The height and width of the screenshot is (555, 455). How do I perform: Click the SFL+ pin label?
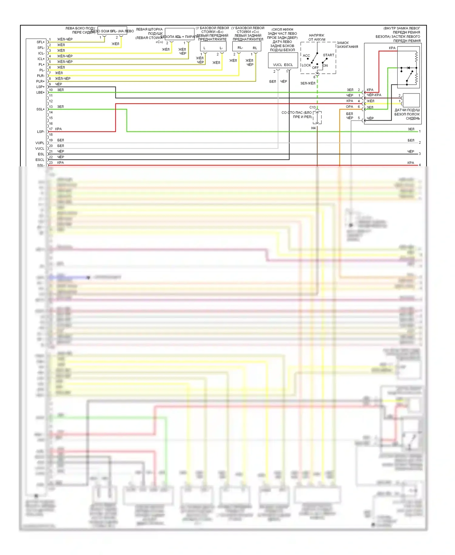[41, 42]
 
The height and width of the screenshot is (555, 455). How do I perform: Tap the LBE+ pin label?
[40, 93]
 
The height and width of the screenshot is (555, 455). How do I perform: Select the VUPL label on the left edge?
[40, 143]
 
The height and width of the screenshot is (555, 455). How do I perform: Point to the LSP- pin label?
[41, 132]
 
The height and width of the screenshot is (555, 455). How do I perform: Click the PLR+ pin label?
[40, 81]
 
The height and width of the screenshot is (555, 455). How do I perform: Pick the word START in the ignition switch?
[329, 55]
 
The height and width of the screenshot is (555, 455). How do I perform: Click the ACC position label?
[306, 56]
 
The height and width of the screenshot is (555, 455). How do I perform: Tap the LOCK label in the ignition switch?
[306, 65]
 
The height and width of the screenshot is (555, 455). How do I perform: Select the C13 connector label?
[312, 107]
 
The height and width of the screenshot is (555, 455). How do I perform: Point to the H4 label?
[313, 128]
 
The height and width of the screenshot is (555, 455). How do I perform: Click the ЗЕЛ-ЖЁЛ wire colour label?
[308, 83]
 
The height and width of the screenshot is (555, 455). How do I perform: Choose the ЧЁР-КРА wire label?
[374, 95]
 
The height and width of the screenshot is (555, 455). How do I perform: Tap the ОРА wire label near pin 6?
[349, 107]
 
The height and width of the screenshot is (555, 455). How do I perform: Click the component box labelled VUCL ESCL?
[283, 61]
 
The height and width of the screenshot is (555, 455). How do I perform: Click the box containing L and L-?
[213, 46]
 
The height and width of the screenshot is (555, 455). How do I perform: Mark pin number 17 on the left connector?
[51, 129]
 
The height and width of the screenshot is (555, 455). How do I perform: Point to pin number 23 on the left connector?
[51, 163]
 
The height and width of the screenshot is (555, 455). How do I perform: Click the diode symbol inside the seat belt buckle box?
[408, 68]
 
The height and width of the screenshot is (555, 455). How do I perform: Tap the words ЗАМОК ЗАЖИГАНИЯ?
[347, 45]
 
